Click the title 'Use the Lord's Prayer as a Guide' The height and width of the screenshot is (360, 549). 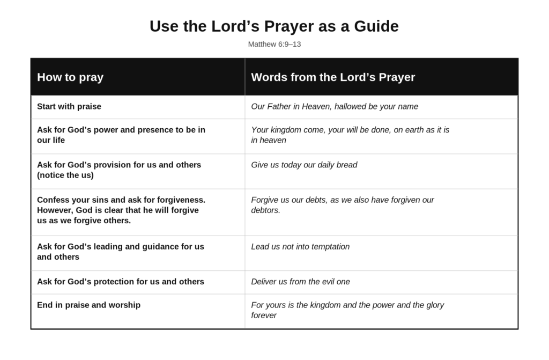pyautogui.click(x=274, y=26)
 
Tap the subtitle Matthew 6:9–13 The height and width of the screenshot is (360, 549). pyautogui.click(x=274, y=44)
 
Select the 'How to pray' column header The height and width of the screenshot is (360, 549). pyautogui.click(x=70, y=77)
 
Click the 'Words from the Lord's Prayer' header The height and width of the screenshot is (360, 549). pyautogui.click(x=333, y=77)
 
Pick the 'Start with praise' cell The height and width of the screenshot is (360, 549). pyautogui.click(x=69, y=106)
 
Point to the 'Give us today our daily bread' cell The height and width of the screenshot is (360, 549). pyautogui.click(x=304, y=165)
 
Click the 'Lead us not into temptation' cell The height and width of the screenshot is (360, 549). pyautogui.click(x=300, y=247)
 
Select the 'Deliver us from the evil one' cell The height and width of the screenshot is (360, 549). pyautogui.click(x=300, y=282)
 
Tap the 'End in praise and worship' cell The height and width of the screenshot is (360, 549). pyautogui.click(x=88, y=305)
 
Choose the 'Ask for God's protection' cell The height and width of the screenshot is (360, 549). pyautogui.click(x=121, y=282)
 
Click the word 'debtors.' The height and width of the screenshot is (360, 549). pyautogui.click(x=265, y=210)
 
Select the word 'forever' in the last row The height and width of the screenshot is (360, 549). pyautogui.click(x=264, y=315)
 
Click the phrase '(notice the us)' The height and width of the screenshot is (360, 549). pyautogui.click(x=65, y=175)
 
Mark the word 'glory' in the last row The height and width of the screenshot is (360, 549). pyautogui.click(x=433, y=305)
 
